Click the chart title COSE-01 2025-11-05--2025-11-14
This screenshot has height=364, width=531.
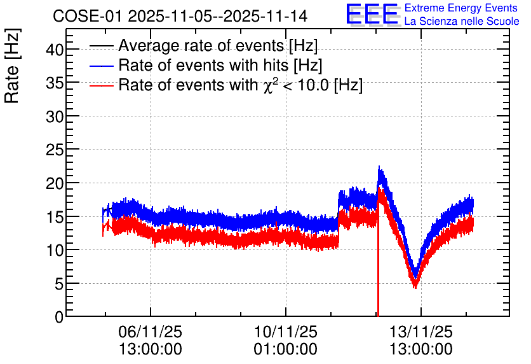pyautogui.click(x=180, y=16)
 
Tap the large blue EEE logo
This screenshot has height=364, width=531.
pyautogui.click(x=372, y=14)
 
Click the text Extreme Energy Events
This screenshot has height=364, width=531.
pyautogui.click(x=461, y=8)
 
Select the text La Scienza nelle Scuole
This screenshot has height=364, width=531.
pyautogui.click(x=462, y=21)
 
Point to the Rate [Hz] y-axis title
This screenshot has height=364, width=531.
pyautogui.click(x=12, y=66)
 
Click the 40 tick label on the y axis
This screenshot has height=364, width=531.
pyautogui.click(x=55, y=50)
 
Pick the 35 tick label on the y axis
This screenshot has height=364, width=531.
pyautogui.click(x=55, y=83)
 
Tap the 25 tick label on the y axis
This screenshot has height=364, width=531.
pyautogui.click(x=55, y=150)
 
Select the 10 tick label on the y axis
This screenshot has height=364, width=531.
pyautogui.click(x=55, y=250)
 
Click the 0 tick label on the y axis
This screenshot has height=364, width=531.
pyautogui.click(x=59, y=317)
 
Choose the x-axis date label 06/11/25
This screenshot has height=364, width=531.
pyautogui.click(x=151, y=332)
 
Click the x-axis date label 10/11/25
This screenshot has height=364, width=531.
pyautogui.click(x=285, y=332)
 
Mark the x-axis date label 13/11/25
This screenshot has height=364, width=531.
pyautogui.click(x=421, y=332)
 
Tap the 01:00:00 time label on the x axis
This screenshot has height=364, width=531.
pyautogui.click(x=285, y=349)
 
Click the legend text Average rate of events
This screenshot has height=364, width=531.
pyautogui.click(x=201, y=46)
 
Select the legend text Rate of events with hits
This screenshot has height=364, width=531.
pyautogui.click(x=203, y=65)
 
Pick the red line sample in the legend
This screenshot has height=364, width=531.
pyautogui.click(x=101, y=86)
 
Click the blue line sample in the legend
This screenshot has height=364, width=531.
pyautogui.click(x=101, y=66)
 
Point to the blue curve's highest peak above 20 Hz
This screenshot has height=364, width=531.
pyautogui.click(x=379, y=167)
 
